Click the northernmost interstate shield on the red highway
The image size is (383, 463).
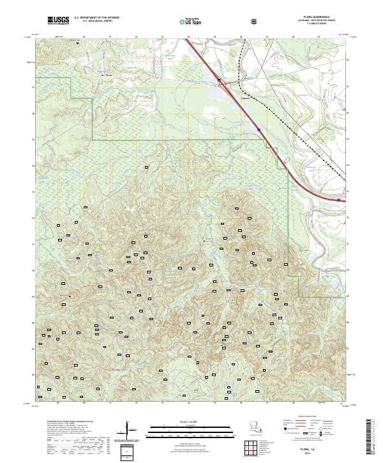219,80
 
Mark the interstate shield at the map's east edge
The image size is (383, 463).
336,199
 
